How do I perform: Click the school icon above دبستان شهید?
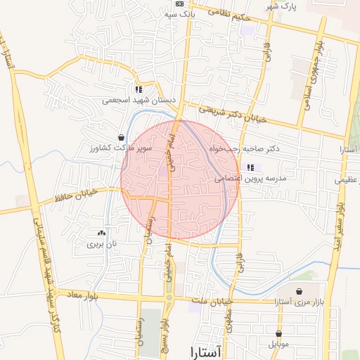point(139,89)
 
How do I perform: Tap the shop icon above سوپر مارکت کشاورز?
point(122,137)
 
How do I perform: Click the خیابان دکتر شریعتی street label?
point(233,115)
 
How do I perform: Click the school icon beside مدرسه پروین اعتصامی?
point(250,167)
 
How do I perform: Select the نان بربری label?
point(100,245)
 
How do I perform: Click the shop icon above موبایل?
point(279,334)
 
